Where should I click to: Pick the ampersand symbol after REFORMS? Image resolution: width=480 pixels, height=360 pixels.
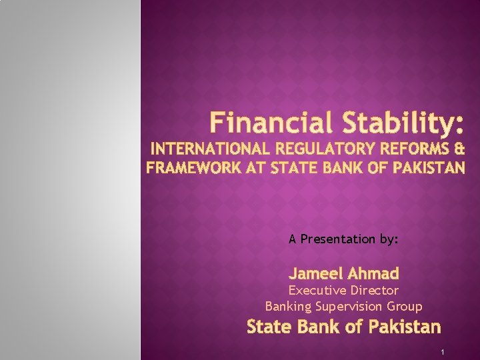click(x=459, y=148)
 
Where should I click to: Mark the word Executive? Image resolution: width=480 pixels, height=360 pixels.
click(x=315, y=291)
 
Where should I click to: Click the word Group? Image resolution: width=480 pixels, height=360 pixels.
click(x=405, y=307)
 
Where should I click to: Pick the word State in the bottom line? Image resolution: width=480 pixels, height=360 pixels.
click(x=266, y=327)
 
